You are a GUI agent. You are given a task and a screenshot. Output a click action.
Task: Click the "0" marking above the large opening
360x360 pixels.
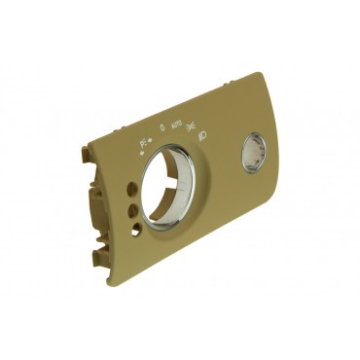tap(162, 127)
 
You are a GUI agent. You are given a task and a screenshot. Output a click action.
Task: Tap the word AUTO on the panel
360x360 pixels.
tap(175, 126)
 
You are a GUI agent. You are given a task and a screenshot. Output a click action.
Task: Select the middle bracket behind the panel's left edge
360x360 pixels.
tap(93, 204)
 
